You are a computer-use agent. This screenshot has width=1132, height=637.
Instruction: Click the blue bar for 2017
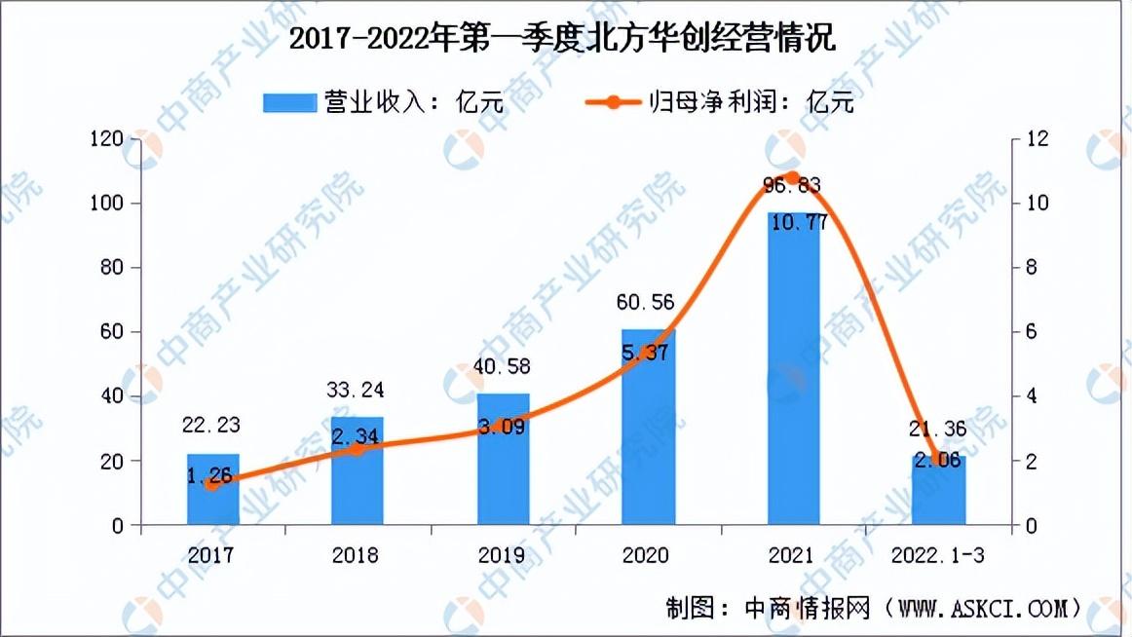pos(213,489)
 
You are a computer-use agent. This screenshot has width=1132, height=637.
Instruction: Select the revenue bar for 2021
pos(793,368)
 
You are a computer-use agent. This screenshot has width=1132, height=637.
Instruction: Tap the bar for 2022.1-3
pos(938,490)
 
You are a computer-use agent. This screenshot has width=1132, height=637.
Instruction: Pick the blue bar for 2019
pos(504,459)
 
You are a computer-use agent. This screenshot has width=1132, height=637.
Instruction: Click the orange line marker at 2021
pos(793,178)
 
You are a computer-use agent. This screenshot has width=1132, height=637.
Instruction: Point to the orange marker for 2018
pos(357,449)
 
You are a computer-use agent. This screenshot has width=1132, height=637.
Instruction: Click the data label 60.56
pos(646,302)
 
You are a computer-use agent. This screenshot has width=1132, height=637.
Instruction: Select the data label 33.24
pos(356,391)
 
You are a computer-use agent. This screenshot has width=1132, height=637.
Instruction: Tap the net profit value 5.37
pos(645,353)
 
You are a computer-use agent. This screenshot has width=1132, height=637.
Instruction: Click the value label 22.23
pos(210,425)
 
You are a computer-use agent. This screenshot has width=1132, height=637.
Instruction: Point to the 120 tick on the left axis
pos(107,138)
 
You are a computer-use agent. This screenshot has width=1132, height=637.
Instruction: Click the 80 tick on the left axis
pos(112,268)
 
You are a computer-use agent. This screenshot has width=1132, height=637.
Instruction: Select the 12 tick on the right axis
pos(1037,138)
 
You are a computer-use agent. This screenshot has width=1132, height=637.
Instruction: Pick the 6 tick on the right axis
pos(1031,332)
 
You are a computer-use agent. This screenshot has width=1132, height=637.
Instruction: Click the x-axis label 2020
pos(646,555)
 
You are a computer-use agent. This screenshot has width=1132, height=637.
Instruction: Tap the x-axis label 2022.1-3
pos(938,555)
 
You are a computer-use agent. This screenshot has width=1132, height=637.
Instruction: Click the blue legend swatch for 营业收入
pos(289,102)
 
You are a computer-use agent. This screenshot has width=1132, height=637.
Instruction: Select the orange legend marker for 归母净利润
pos(613,102)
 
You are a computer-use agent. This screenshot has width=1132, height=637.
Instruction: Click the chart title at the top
pos(562,37)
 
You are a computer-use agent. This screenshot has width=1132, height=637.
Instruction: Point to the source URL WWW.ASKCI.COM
pos(982,608)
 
